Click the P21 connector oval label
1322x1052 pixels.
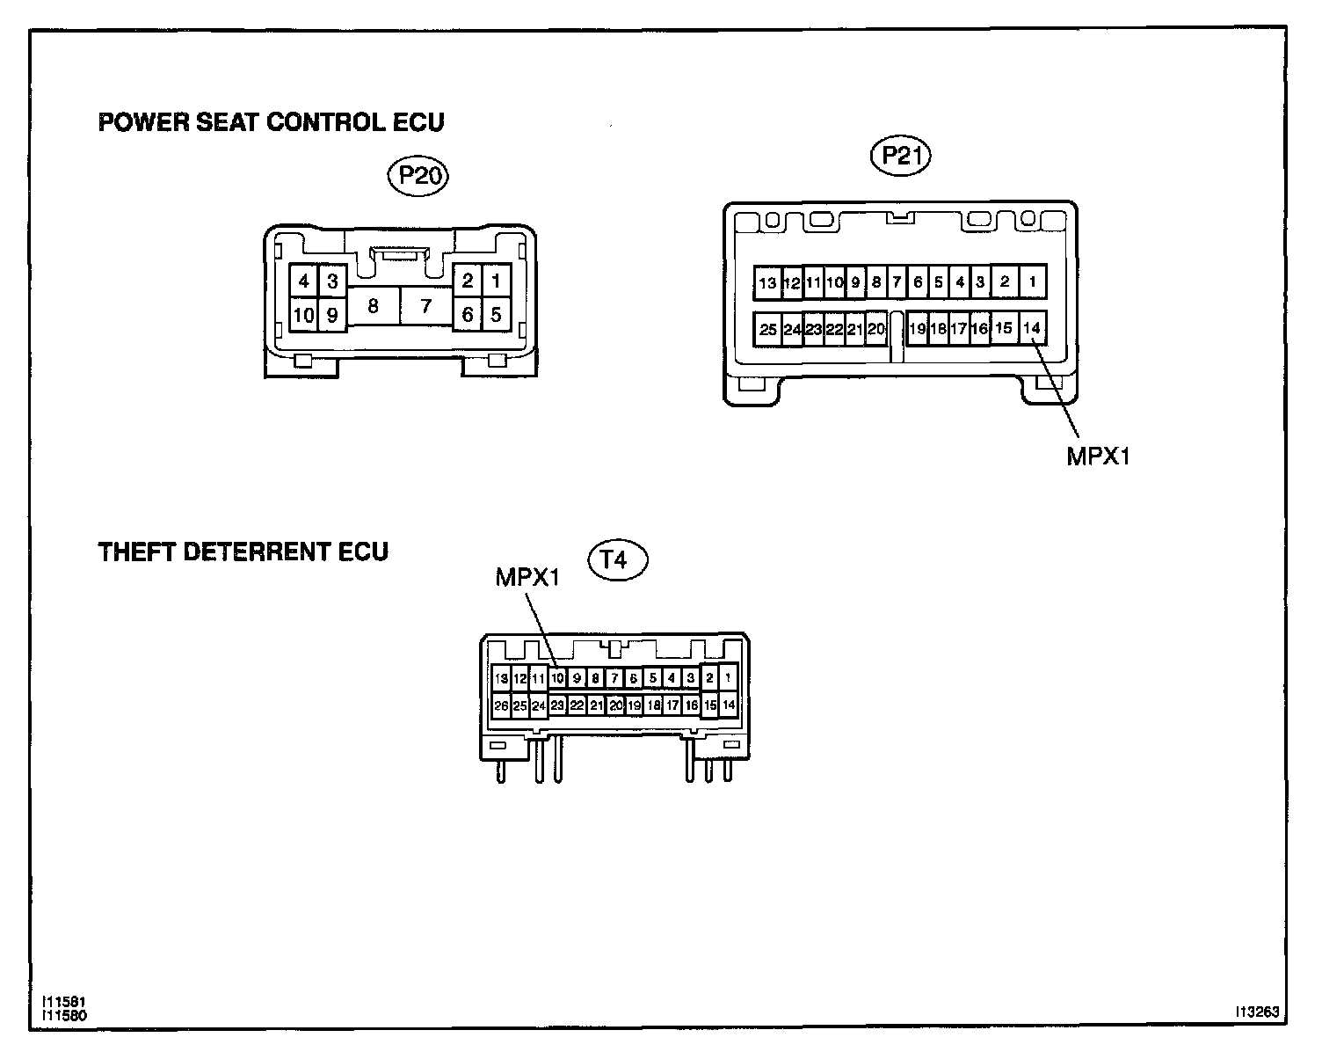[899, 156]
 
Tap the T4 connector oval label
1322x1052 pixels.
[617, 560]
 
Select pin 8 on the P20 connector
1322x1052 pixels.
[374, 306]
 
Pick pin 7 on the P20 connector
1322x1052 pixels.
[426, 306]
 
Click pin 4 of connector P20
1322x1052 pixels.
[304, 281]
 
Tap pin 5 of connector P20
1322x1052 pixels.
[497, 314]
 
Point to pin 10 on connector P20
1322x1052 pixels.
[303, 315]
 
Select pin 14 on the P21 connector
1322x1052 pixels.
[1032, 328]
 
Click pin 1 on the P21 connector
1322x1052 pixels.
[1032, 282]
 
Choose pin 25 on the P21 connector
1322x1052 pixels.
[768, 330]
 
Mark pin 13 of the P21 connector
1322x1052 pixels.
[767, 283]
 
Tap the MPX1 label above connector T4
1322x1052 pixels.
[527, 577]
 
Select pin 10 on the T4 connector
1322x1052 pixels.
[557, 678]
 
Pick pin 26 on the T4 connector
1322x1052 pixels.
[501, 705]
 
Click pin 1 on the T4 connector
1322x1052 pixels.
[728, 678]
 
